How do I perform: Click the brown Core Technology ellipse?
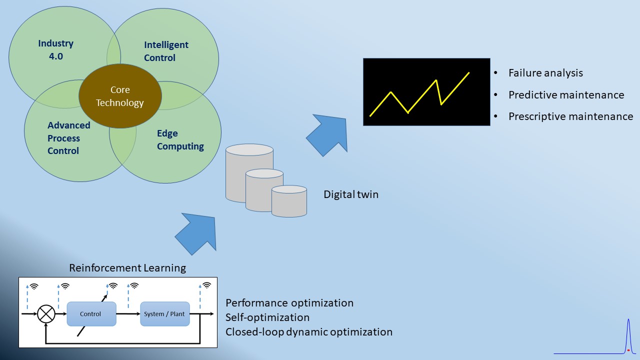(x=120, y=96)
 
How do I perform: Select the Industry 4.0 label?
(x=55, y=49)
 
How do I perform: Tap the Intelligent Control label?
(x=166, y=51)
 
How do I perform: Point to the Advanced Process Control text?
(x=69, y=138)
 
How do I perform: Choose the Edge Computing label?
(x=180, y=139)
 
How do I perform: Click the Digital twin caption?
(x=351, y=194)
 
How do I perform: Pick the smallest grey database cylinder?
(x=289, y=201)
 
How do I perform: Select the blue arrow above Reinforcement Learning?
(x=197, y=233)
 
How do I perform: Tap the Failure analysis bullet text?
(x=545, y=73)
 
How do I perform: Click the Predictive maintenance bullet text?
(x=566, y=95)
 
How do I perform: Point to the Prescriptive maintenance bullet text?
(x=570, y=116)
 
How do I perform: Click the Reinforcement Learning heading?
(x=127, y=268)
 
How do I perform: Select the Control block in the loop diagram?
(x=91, y=313)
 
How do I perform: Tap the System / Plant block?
(x=165, y=313)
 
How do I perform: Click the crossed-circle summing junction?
(x=46, y=313)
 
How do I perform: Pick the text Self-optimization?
(x=267, y=317)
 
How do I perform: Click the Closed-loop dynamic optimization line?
(x=309, y=332)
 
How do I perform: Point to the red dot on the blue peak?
(x=628, y=350)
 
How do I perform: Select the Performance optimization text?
(x=289, y=303)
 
